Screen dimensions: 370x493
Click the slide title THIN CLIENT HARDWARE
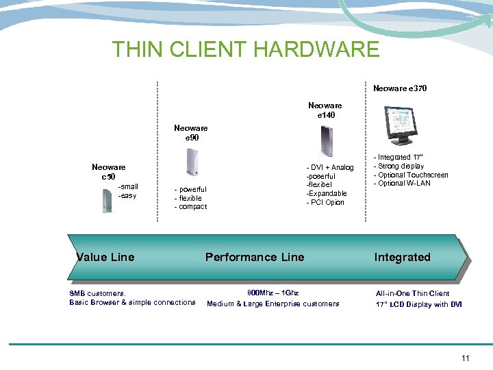246,49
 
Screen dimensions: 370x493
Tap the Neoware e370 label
400,88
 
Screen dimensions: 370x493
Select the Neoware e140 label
325,110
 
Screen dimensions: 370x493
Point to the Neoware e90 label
190,133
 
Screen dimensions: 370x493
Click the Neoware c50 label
108,171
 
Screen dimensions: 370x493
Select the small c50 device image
106,200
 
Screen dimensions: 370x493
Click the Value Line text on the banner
105,257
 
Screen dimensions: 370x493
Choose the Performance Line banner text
255,257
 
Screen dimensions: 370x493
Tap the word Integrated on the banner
402,257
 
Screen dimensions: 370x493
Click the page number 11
466,358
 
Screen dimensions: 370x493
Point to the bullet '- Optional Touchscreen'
410,175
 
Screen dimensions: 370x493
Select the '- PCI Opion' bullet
325,202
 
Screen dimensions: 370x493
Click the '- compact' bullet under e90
191,206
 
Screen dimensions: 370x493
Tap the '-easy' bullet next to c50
127,195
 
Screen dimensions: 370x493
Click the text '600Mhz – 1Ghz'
273,293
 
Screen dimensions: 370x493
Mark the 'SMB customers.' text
97,293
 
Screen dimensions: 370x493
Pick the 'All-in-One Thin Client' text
412,293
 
